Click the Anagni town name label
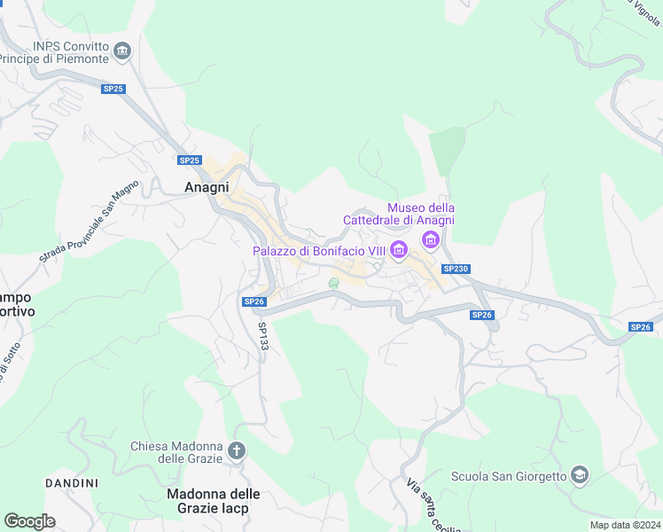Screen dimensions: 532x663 (x=207, y=188)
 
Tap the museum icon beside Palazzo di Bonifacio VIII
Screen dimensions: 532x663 (x=399, y=251)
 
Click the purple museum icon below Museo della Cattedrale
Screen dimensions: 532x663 (x=432, y=239)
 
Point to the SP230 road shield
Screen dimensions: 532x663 (x=455, y=269)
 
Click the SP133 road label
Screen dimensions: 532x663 (x=263, y=335)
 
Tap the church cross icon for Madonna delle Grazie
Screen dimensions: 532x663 (x=237, y=450)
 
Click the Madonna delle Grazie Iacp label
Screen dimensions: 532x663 (x=214, y=501)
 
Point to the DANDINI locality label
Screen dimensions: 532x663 (x=71, y=483)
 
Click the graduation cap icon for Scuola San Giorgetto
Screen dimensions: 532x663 (x=580, y=475)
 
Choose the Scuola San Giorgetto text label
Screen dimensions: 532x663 (x=509, y=476)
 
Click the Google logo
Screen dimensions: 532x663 (x=29, y=521)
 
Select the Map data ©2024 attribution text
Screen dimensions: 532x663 (x=624, y=525)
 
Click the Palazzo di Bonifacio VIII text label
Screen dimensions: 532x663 (x=319, y=251)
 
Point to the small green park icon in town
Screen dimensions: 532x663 (x=334, y=283)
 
